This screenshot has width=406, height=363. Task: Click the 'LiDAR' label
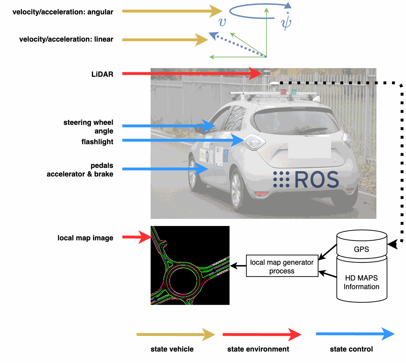point(102,74)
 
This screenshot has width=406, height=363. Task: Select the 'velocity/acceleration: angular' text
point(63,12)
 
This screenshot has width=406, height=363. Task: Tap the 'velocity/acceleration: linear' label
point(66,39)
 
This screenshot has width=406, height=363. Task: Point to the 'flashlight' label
point(97,142)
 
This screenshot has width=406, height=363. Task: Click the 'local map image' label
point(85,238)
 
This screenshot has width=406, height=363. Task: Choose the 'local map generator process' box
point(282,266)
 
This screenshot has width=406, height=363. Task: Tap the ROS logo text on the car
point(306,180)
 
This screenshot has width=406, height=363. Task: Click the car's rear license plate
point(309,149)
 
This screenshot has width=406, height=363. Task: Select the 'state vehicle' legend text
point(172,349)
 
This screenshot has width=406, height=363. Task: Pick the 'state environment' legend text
point(258,349)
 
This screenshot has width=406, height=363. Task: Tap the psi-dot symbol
point(286,21)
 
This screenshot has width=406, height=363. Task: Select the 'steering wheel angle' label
point(88,127)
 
